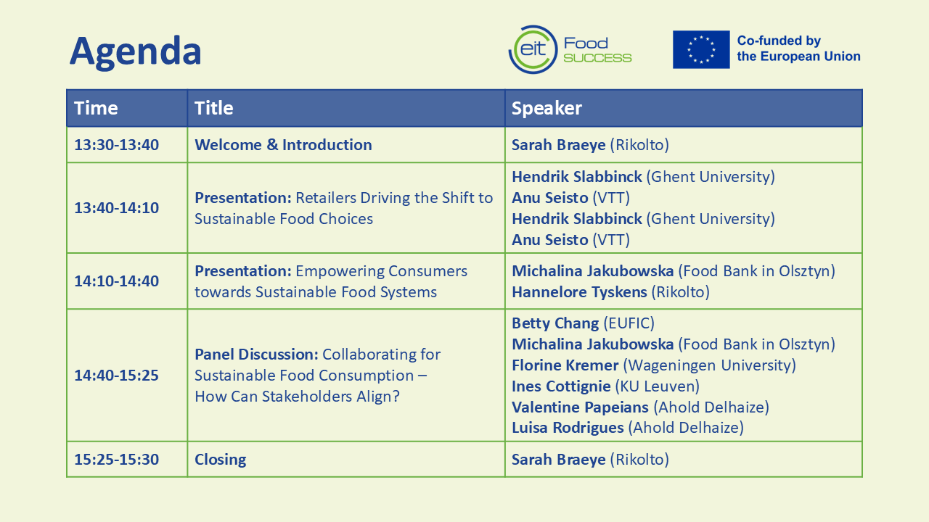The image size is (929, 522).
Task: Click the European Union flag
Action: (x=701, y=49)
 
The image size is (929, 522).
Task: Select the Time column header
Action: (x=96, y=108)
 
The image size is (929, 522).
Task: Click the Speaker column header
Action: (x=547, y=109)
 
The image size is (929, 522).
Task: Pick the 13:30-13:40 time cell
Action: (x=117, y=145)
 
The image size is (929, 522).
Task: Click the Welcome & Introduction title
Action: (x=283, y=145)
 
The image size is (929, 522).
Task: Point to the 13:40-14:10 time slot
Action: (x=117, y=208)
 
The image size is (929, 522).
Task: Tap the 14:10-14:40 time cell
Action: (x=117, y=281)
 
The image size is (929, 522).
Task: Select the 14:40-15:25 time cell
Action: (x=117, y=376)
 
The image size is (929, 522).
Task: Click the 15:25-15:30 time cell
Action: (x=117, y=460)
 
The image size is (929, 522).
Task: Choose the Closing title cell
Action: (x=221, y=460)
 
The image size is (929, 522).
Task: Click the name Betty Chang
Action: (x=555, y=323)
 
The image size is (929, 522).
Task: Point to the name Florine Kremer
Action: (x=565, y=365)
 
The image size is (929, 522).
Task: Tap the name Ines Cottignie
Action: (x=561, y=386)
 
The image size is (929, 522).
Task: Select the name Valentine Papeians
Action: (x=580, y=407)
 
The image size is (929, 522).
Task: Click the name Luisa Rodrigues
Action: (x=568, y=428)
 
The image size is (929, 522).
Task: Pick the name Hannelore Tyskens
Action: (x=579, y=292)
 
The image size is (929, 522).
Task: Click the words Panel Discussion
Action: (x=257, y=355)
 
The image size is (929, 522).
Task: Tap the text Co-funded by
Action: (x=779, y=41)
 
